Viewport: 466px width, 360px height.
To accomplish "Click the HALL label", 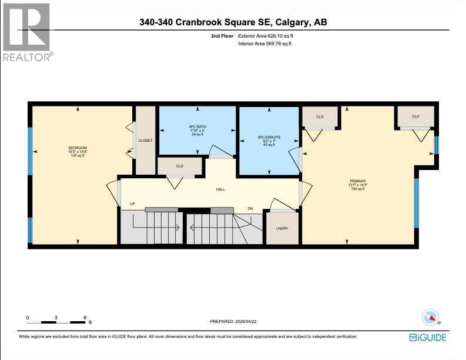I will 220,189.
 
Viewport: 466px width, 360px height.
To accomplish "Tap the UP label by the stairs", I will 133,204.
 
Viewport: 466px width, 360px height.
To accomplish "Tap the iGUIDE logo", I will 427,337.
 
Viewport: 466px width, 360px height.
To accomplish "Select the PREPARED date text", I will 233,321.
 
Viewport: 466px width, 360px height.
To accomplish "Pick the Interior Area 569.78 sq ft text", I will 264,44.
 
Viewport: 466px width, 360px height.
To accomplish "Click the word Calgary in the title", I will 290,22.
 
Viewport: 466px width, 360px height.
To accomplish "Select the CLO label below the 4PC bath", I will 180,166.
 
